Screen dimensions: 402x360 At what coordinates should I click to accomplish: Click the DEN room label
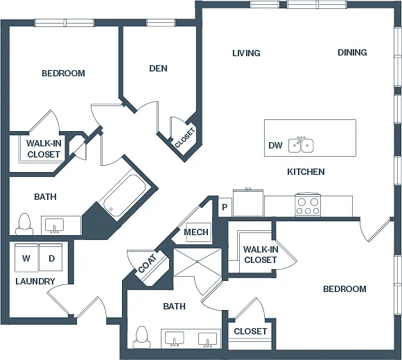pyautogui.click(x=158, y=69)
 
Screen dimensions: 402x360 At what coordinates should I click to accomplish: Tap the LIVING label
pyautogui.click(x=246, y=53)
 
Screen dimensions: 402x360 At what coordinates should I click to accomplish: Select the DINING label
pyautogui.click(x=352, y=52)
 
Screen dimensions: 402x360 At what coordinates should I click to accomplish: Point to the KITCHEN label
pyautogui.click(x=306, y=171)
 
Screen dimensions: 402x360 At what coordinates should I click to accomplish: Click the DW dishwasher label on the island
pyautogui.click(x=275, y=146)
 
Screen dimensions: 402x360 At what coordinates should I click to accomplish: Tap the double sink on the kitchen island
pyautogui.click(x=301, y=145)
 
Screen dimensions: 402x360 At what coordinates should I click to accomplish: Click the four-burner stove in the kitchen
pyautogui.click(x=308, y=205)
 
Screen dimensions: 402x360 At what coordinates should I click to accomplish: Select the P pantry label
pyautogui.click(x=225, y=207)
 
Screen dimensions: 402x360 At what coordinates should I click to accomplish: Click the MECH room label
pyautogui.click(x=196, y=232)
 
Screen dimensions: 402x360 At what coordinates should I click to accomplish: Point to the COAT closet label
pyautogui.click(x=148, y=264)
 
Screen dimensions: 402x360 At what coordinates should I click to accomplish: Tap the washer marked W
pyautogui.click(x=26, y=257)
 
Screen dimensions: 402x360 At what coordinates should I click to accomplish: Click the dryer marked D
pyautogui.click(x=51, y=257)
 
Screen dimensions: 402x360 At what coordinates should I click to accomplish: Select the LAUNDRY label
pyautogui.click(x=35, y=282)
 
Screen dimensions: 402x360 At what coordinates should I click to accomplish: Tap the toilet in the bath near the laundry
pyautogui.click(x=24, y=224)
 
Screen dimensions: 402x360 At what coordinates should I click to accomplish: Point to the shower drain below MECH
pyautogui.click(x=197, y=262)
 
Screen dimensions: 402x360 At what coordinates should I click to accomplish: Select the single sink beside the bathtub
pyautogui.click(x=54, y=226)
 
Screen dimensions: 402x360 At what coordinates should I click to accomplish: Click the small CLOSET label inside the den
pyautogui.click(x=185, y=138)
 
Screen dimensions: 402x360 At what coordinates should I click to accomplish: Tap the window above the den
pyautogui.click(x=161, y=23)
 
